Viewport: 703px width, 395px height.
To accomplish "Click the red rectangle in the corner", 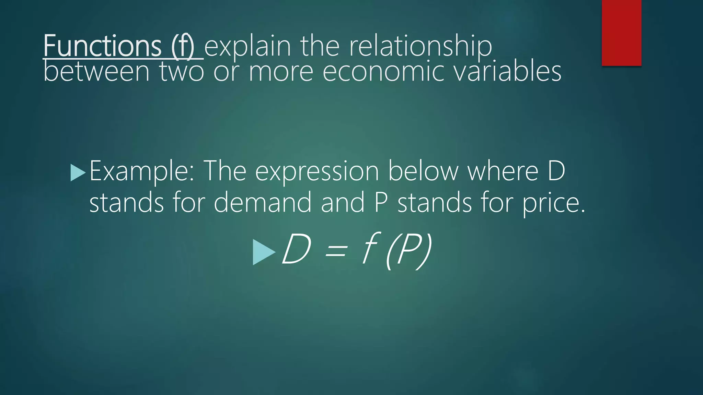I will [x=621, y=33].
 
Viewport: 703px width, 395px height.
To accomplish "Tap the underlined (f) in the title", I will [x=183, y=47].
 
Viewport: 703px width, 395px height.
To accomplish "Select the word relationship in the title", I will [x=420, y=47].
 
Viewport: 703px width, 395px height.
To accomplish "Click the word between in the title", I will [x=97, y=72].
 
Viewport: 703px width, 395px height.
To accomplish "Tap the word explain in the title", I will [x=247, y=47].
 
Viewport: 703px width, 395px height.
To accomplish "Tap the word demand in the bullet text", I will [x=263, y=202].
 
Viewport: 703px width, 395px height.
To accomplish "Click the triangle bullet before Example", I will [x=77, y=172].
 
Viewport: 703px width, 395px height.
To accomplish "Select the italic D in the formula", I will [x=296, y=249].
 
